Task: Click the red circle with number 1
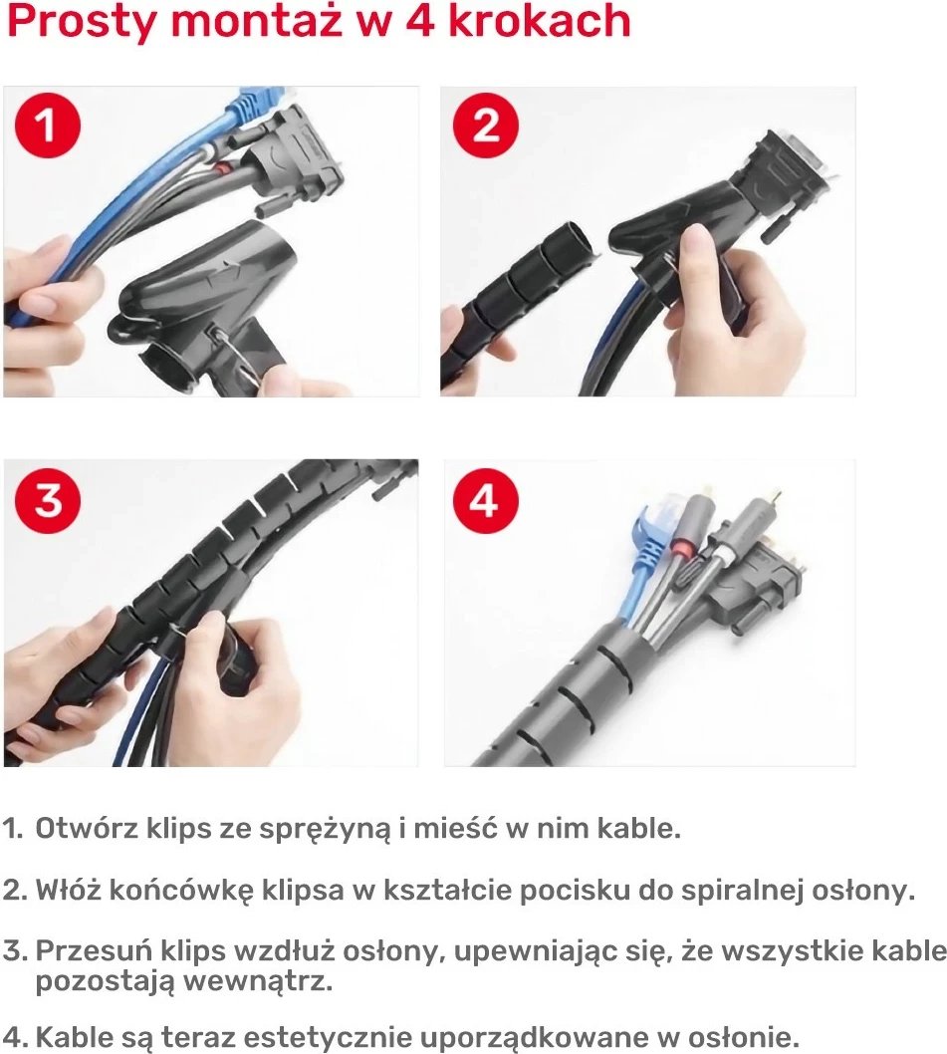45,128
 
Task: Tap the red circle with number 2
486,128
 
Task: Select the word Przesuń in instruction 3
92,951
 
